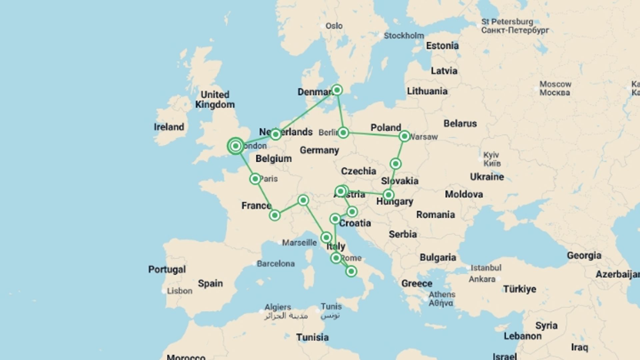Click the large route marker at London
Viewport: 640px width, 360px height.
[x=236, y=146]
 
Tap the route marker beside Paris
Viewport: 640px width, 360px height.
[x=255, y=179]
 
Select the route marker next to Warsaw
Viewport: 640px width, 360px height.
[x=404, y=136]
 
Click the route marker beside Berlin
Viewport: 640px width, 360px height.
[x=343, y=133]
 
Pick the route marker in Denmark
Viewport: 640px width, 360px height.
[x=337, y=90]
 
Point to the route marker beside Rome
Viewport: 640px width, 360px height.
[x=336, y=258]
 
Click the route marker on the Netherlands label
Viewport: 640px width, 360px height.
[x=275, y=134]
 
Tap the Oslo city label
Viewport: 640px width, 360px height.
[x=334, y=26]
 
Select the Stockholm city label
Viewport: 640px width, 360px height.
[x=404, y=36]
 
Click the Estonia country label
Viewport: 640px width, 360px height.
[x=442, y=46]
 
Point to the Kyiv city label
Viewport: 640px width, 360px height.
[x=491, y=155]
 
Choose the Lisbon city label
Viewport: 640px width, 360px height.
[x=179, y=291]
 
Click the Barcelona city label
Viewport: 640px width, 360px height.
[x=276, y=264]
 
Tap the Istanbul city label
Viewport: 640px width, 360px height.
[x=486, y=268]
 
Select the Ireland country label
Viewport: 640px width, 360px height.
[x=169, y=127]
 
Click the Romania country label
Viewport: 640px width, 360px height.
[x=435, y=215]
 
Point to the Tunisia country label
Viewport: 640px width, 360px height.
[x=312, y=337]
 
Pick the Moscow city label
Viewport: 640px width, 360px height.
[x=555, y=84]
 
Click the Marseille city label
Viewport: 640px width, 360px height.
[x=299, y=243]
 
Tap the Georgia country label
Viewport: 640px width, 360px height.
[x=584, y=256]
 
